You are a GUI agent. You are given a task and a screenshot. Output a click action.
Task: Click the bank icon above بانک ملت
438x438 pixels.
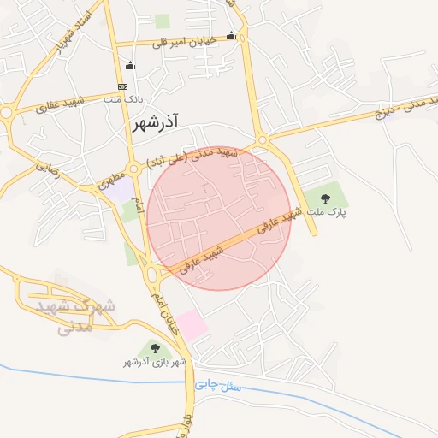122,86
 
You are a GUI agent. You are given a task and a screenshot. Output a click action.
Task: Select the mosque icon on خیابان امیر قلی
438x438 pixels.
232,35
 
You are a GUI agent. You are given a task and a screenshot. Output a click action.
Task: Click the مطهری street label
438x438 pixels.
110,180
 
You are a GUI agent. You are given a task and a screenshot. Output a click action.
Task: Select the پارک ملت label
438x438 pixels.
327,212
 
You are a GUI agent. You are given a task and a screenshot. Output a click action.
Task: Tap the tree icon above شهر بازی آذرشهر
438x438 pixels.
155,347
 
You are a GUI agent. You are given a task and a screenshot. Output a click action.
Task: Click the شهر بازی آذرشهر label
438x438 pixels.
155,363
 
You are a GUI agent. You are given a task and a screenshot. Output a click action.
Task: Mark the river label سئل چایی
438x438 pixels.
219,386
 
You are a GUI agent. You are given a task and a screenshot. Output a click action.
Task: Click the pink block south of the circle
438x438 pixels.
192,324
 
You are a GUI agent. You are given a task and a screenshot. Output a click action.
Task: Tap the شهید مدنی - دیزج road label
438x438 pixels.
403,108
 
